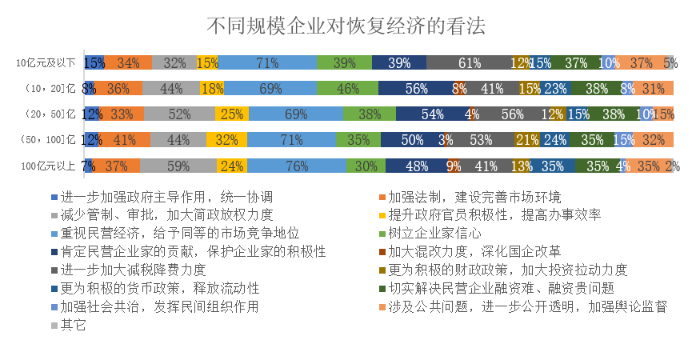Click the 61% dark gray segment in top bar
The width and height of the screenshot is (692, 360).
pos(469,62)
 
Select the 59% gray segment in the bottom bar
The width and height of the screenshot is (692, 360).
pos(178,166)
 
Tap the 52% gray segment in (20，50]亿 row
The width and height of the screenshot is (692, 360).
pos(179,114)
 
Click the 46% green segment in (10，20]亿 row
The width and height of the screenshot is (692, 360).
pos(348,89)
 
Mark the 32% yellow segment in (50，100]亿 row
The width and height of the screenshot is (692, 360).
pos(226,141)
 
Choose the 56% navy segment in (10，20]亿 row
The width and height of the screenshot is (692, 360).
pos(415,89)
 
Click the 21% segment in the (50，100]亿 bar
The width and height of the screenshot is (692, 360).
pos(526,141)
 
